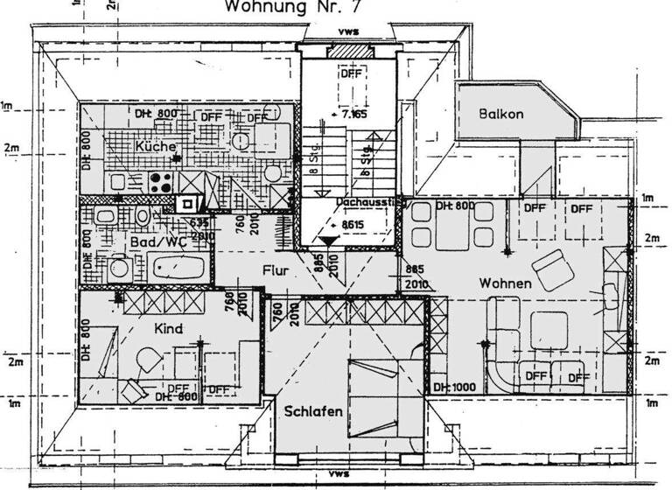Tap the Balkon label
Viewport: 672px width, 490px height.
(x=500, y=115)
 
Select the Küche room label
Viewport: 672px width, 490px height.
(x=155, y=146)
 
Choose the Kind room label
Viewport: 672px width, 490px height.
(x=167, y=329)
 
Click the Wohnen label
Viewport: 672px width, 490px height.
(x=505, y=283)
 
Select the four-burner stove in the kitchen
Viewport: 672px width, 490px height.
(x=160, y=182)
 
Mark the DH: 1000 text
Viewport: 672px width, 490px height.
(x=453, y=387)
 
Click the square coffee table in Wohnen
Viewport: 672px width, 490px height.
(x=543, y=331)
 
